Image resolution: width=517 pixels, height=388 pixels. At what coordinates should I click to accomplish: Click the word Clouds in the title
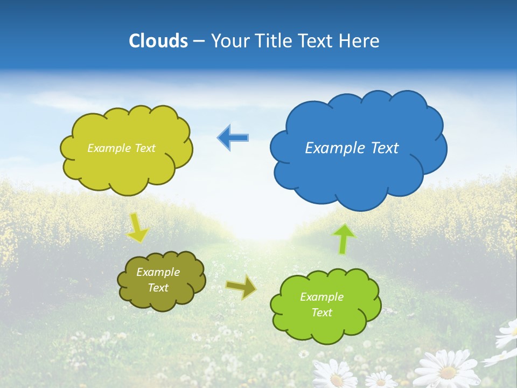pos(158,40)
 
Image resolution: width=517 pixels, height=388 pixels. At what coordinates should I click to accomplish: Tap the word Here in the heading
pos(360,40)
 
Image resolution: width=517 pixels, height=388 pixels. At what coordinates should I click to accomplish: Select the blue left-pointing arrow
pos(233,137)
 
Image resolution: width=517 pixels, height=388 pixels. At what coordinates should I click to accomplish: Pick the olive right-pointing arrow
pos(241,287)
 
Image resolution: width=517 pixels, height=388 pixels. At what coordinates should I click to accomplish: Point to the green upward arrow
pos(345,239)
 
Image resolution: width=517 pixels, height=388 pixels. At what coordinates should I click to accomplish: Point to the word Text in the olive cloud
pos(158,288)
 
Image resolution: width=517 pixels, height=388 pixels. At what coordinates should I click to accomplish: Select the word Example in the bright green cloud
pos(322,297)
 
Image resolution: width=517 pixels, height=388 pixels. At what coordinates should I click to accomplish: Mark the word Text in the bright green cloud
pos(322,313)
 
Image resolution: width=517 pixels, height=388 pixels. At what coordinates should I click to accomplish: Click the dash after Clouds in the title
pos(198,41)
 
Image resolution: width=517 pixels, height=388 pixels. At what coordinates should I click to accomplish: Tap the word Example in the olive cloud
pos(158,272)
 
